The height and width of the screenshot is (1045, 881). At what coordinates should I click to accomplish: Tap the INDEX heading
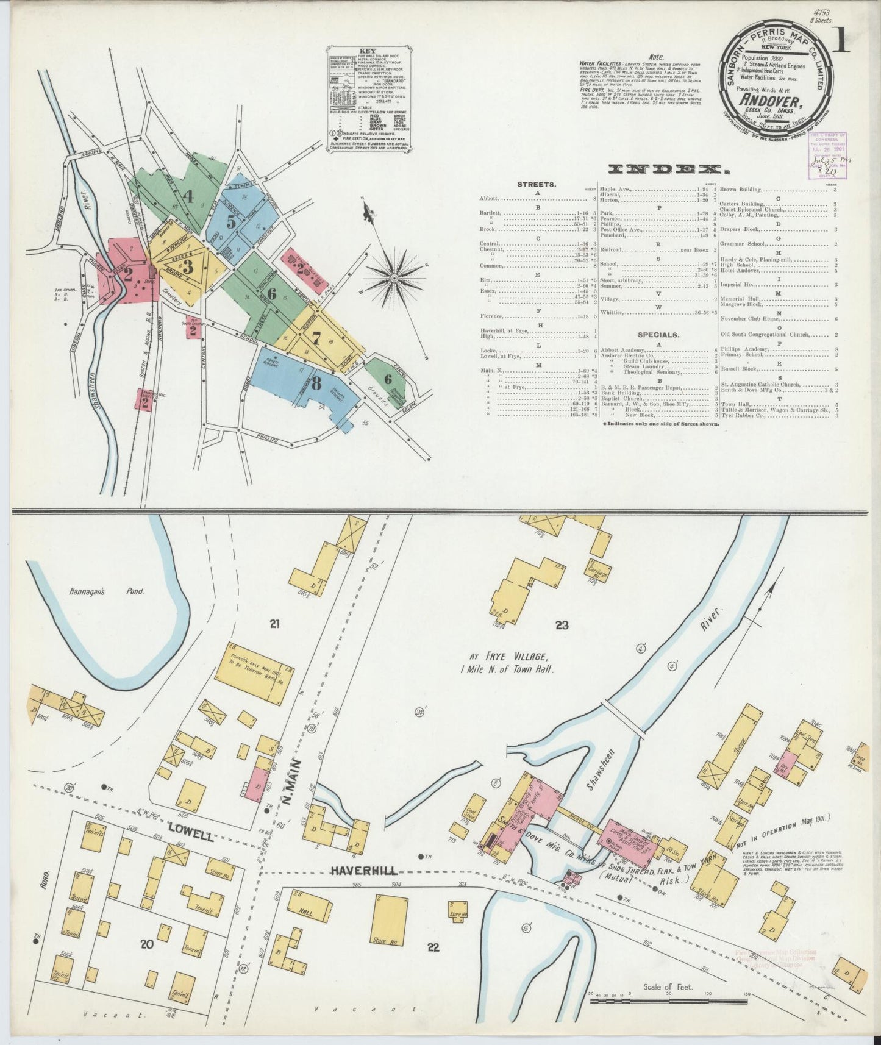click(x=660, y=169)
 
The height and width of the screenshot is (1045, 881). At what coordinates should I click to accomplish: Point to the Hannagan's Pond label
click(x=118, y=591)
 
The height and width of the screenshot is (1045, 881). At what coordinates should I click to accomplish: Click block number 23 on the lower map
click(x=562, y=624)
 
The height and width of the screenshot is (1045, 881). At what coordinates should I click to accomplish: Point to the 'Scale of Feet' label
click(x=668, y=986)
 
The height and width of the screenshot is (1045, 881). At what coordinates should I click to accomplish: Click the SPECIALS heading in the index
click(x=658, y=335)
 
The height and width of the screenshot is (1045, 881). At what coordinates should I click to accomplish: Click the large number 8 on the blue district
click(x=315, y=383)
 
